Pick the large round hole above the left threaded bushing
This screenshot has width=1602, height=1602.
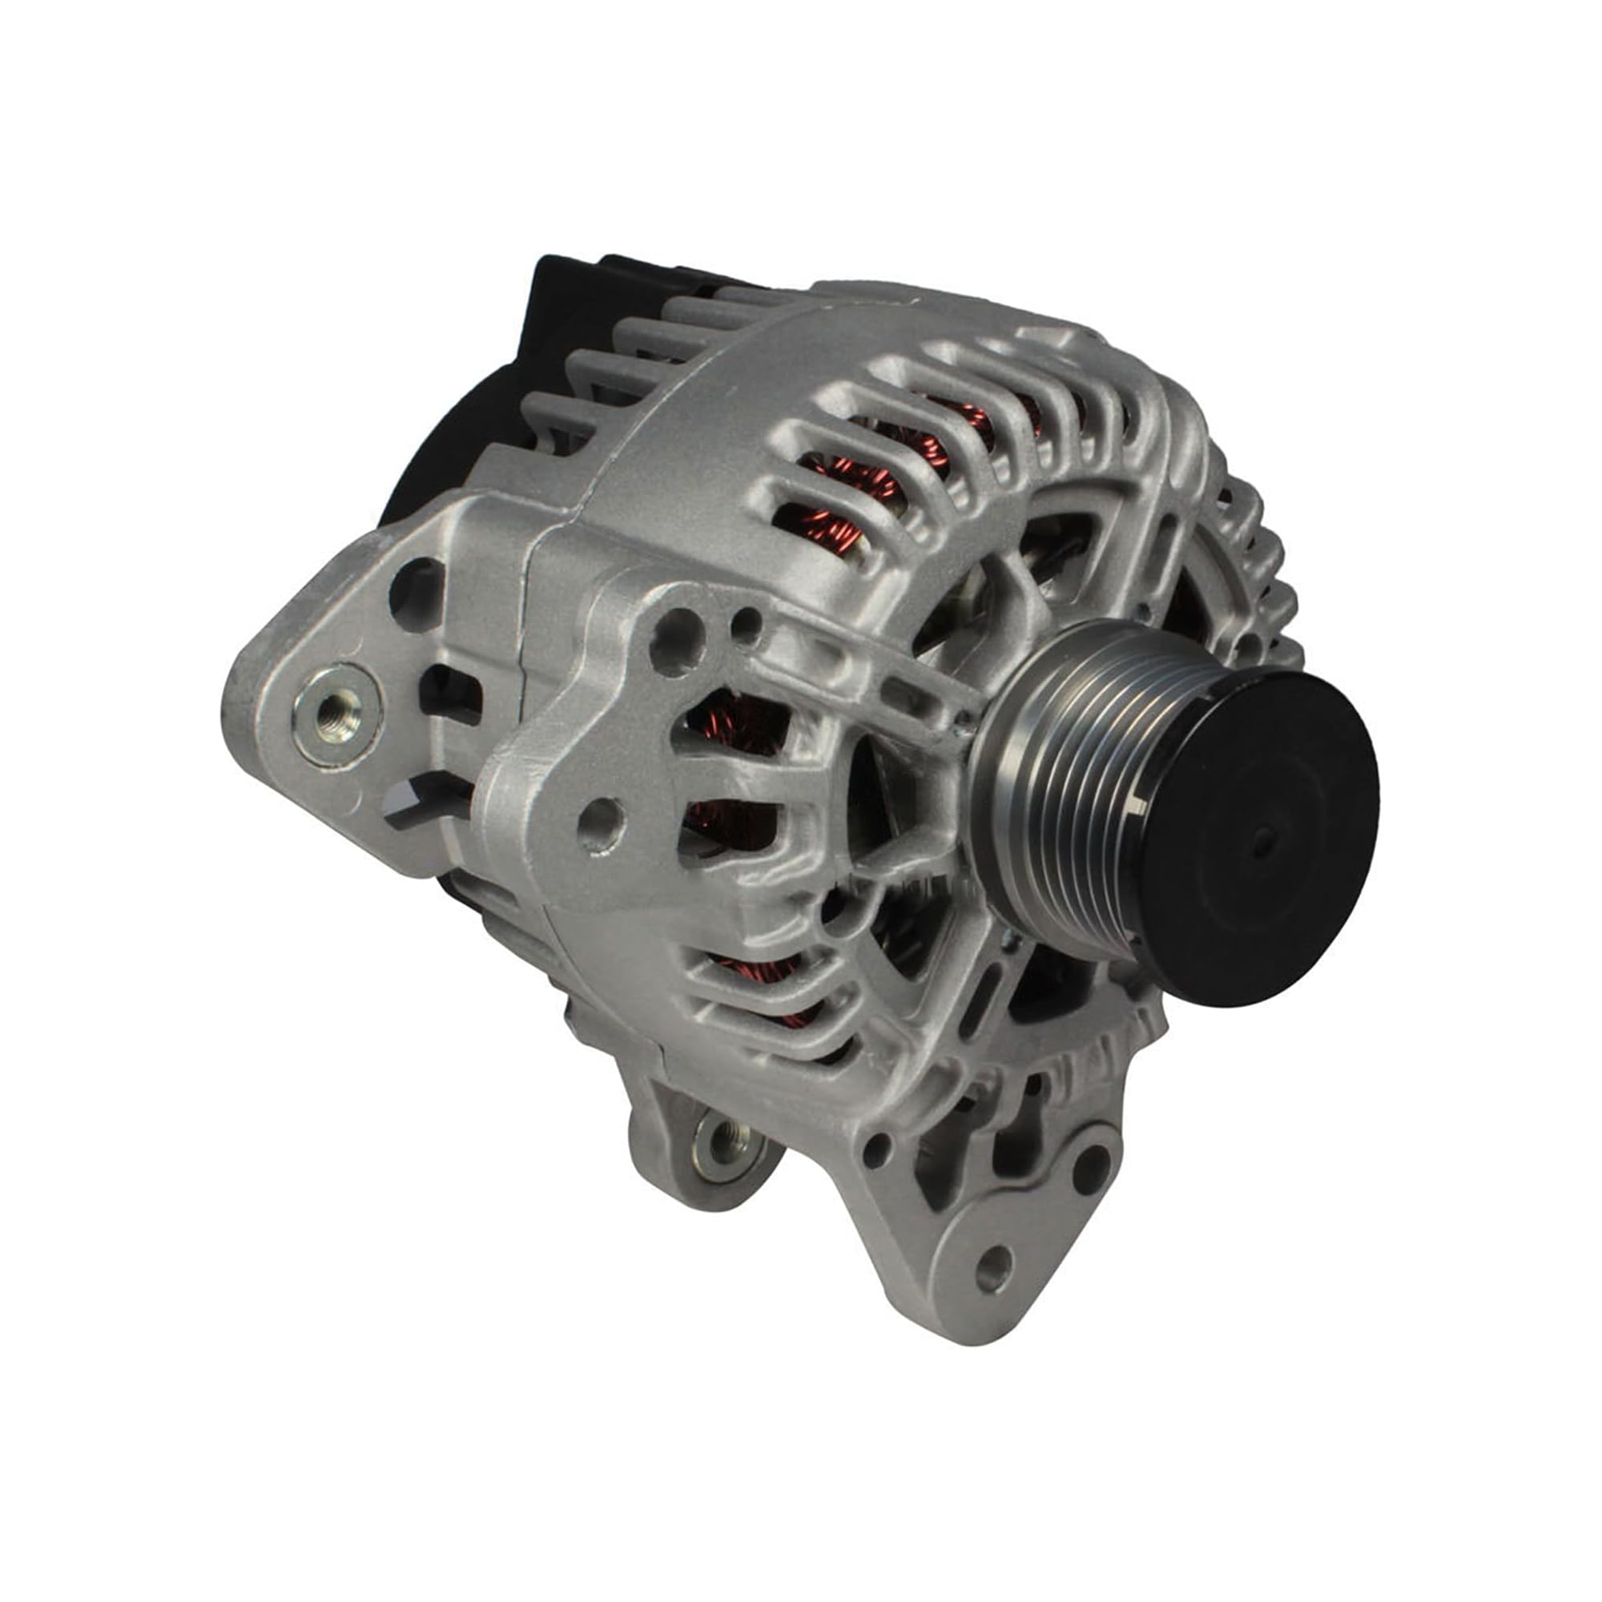coord(417,584)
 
